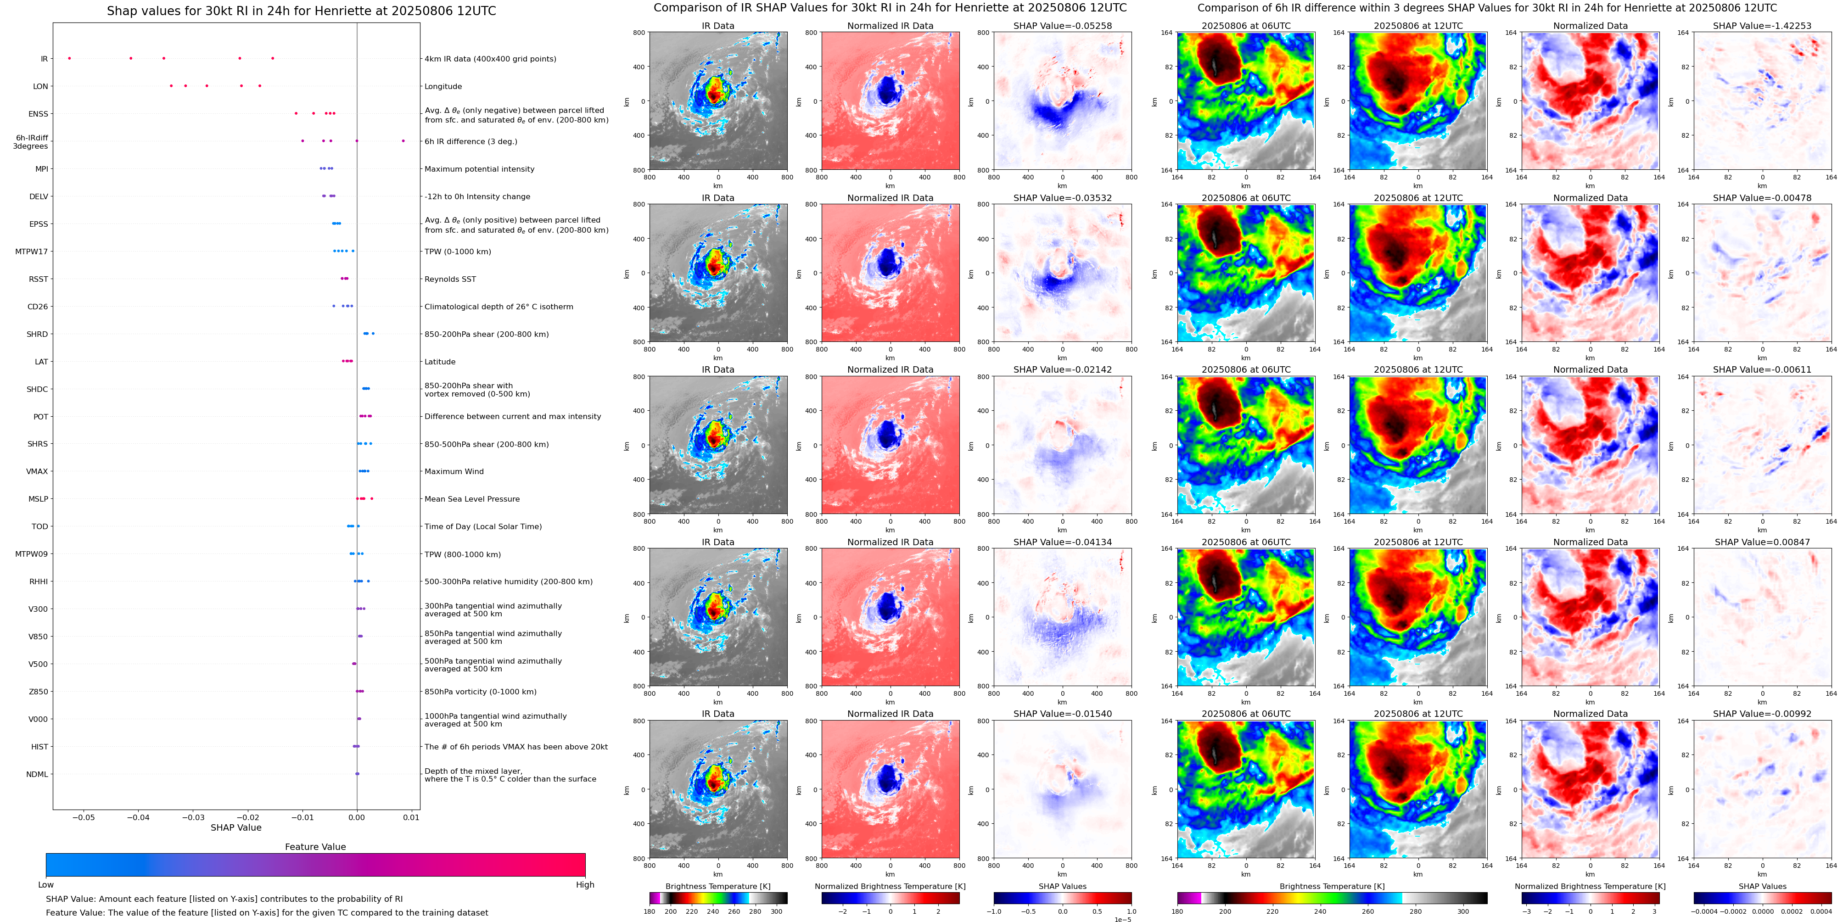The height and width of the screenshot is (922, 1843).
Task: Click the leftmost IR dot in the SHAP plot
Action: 69,58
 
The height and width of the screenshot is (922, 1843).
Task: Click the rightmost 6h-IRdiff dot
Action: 403,141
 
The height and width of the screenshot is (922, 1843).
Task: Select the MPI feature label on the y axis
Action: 41,169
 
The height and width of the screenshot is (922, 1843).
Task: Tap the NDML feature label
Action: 37,774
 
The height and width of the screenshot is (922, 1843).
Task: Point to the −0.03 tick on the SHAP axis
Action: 193,817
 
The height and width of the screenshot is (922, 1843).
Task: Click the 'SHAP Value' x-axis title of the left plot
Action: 236,827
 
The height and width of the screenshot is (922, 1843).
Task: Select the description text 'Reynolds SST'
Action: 450,279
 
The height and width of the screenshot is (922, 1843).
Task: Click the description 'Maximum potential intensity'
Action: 479,169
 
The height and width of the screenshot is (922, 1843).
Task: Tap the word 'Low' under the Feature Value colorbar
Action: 46,885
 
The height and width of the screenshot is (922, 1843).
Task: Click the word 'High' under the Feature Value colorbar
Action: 585,885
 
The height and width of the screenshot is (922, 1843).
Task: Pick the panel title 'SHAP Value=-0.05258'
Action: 1063,26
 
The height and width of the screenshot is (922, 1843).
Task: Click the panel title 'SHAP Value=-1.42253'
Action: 1762,26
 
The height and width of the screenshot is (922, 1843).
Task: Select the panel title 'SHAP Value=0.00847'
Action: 1762,542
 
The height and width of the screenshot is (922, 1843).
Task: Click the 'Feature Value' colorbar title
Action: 315,847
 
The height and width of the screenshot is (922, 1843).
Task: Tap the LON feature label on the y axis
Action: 41,87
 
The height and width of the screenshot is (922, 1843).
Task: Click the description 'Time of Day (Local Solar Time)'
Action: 483,526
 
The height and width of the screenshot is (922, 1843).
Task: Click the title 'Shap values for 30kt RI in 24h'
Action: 301,11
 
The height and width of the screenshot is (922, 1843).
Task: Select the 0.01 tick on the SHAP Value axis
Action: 411,817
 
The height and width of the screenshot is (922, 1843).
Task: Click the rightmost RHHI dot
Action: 369,581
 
